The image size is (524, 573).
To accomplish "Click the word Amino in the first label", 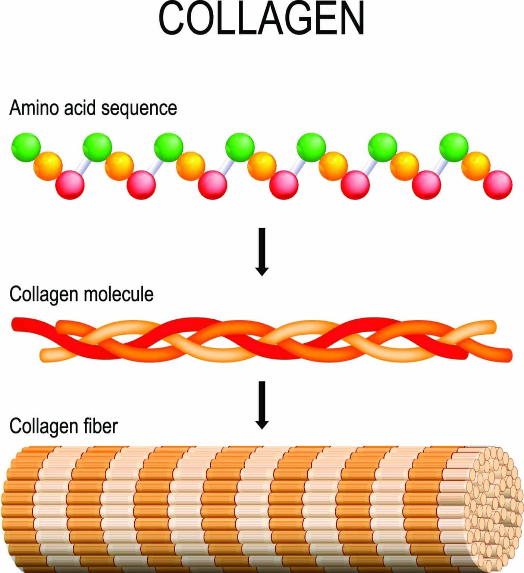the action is click(30, 108).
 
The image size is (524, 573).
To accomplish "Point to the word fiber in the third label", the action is click(100, 426).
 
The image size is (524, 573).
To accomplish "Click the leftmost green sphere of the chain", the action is click(26, 147).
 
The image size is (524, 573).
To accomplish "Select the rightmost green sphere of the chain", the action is click(454, 148).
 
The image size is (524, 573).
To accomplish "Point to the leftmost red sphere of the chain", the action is click(70, 185).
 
